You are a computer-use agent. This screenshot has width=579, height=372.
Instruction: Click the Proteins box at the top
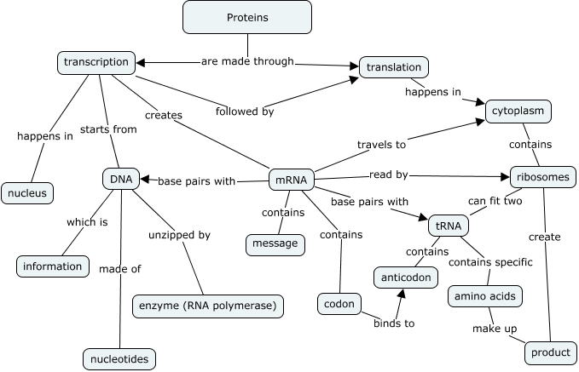pos(247,18)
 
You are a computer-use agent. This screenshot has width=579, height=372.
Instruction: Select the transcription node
pos(96,62)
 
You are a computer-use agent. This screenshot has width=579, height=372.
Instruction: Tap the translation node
pos(393,66)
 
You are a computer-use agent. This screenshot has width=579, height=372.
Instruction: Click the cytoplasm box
pos(518,111)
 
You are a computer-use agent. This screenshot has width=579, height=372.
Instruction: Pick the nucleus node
pos(27,192)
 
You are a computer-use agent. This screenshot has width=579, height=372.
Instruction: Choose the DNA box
pos(120,179)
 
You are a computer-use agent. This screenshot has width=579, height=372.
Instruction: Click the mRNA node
pos(292,180)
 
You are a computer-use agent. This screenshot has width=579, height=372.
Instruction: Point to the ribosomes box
pos(542,177)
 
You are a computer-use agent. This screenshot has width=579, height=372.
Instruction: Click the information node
pos(52,266)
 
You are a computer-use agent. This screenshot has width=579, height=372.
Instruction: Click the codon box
pos(339,303)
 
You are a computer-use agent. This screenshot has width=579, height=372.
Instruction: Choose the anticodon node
pos(407,277)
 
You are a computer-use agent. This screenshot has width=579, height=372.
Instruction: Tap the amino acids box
pos(484,295)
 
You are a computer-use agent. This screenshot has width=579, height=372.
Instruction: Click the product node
pos(550,352)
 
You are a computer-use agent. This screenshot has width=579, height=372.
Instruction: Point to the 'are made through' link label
pos(247,61)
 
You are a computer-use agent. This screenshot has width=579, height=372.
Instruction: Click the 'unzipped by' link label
pos(179,235)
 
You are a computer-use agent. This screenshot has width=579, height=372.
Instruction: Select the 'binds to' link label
pos(393,323)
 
